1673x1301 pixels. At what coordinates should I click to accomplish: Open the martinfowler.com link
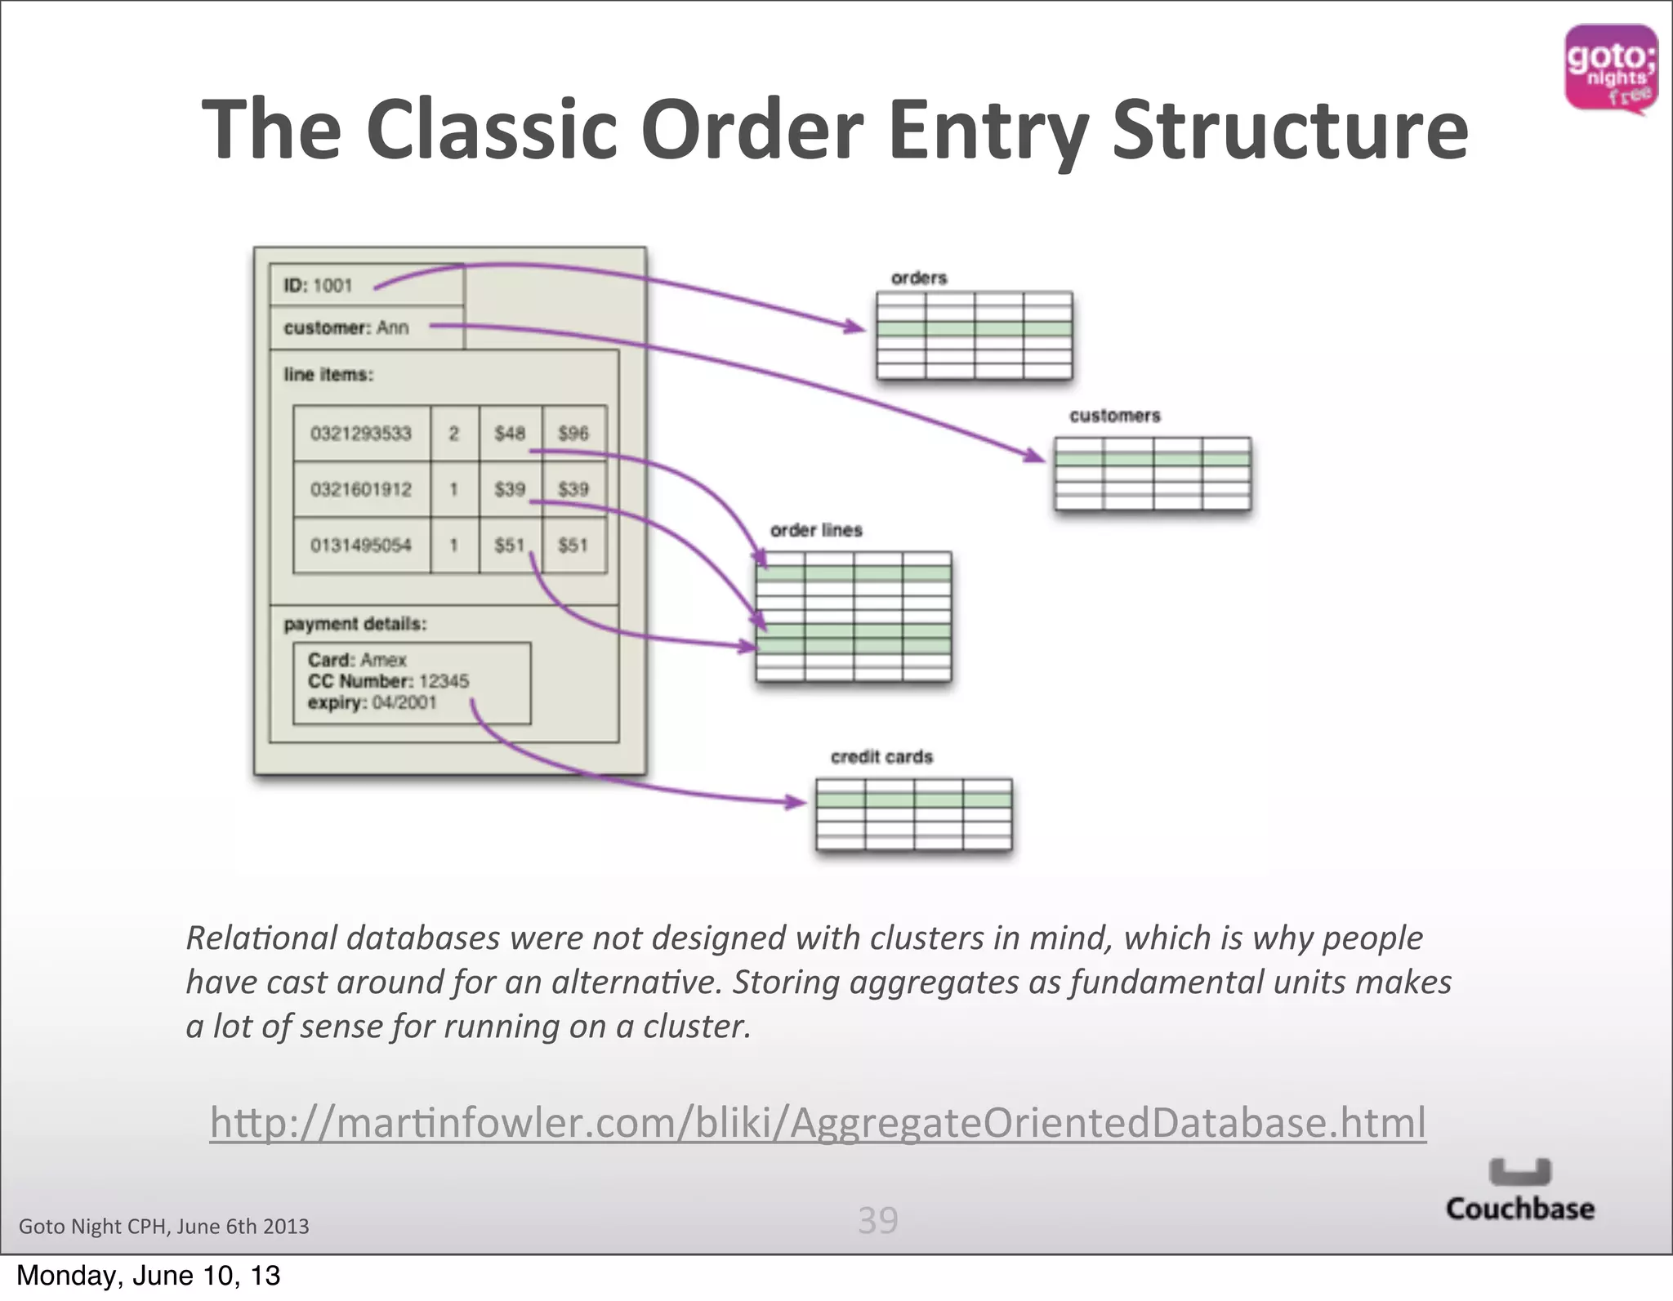tap(818, 1122)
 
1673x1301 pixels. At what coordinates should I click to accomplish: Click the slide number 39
tap(878, 1220)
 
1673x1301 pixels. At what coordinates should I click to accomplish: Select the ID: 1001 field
tap(319, 286)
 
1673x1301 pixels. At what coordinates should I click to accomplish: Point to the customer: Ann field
tap(346, 328)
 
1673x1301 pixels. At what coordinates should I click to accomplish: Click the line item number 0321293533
tap(361, 434)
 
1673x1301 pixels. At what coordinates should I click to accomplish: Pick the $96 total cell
tap(573, 434)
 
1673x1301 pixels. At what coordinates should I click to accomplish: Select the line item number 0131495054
tap(361, 546)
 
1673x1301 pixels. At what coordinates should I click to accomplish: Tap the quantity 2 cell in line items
tap(454, 434)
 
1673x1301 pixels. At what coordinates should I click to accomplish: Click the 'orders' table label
tap(919, 278)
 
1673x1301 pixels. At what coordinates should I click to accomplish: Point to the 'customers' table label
tap(1115, 416)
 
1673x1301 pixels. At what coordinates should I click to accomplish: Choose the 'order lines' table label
tap(816, 531)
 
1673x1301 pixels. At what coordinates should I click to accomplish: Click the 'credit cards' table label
tap(881, 757)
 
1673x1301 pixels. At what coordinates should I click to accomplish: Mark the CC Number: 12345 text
tap(388, 681)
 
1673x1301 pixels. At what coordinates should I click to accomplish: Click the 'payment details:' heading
tap(355, 624)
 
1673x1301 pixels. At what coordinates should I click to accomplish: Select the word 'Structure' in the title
tap(1291, 131)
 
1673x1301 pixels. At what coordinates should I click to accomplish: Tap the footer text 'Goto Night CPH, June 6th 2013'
tap(164, 1226)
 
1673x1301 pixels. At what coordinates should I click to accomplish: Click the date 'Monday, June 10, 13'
tap(149, 1276)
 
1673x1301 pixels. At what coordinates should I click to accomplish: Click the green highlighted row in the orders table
tap(974, 329)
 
